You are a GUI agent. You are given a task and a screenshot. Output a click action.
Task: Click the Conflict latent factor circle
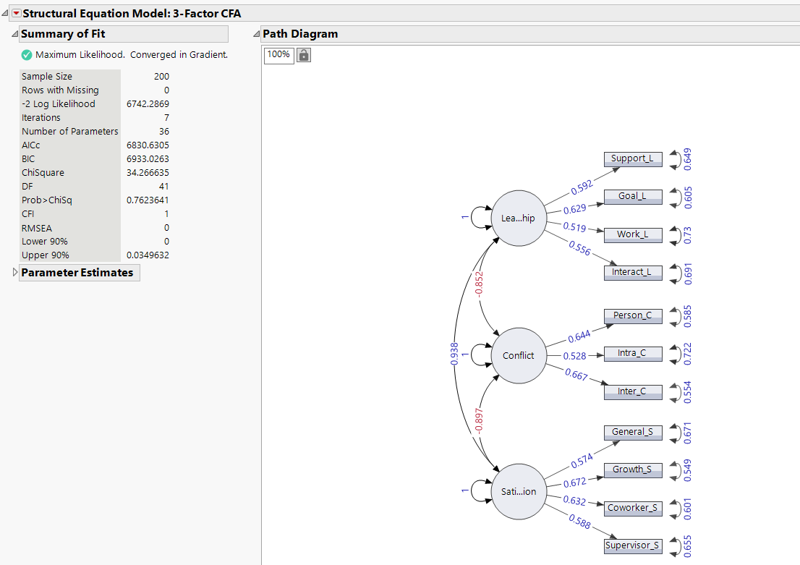(519, 355)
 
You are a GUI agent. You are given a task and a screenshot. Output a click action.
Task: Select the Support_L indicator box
(633, 158)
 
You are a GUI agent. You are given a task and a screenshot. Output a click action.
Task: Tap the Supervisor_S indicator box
(633, 545)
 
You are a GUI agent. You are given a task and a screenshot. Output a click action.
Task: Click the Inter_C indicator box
(633, 391)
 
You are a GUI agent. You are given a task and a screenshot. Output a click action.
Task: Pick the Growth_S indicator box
(633, 470)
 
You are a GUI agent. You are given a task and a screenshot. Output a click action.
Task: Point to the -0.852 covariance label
(479, 286)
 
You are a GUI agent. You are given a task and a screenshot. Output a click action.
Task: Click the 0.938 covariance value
(454, 353)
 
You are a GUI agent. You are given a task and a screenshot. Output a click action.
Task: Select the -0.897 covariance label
(479, 423)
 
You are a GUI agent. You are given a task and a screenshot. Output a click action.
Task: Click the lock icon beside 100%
(304, 55)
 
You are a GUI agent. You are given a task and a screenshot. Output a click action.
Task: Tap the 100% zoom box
(278, 55)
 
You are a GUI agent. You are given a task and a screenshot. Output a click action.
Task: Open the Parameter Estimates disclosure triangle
(15, 273)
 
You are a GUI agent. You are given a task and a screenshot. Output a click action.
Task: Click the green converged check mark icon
(27, 55)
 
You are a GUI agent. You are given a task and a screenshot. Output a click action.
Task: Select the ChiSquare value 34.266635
(148, 172)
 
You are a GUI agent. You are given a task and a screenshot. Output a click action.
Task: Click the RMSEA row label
(37, 227)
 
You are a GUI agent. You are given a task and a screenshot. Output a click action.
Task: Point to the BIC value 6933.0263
(148, 158)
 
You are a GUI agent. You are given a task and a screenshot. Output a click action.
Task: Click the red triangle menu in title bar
(16, 14)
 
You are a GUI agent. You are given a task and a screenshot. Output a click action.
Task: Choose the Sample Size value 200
(161, 76)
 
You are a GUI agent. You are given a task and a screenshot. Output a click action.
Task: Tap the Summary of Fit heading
(63, 34)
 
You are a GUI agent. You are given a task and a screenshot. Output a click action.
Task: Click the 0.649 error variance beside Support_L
(688, 158)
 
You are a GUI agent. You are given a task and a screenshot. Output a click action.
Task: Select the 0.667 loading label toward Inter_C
(576, 375)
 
